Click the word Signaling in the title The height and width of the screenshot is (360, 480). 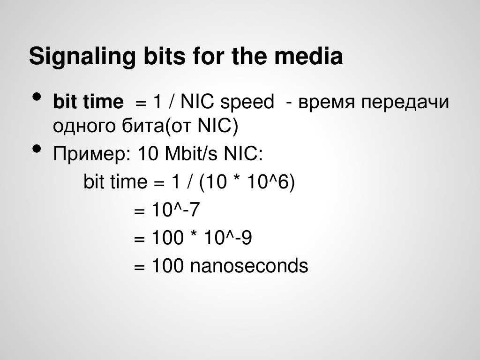pos(82,57)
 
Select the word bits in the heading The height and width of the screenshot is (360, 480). pos(165,56)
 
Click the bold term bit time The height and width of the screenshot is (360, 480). pos(88,102)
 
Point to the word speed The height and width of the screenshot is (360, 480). pos(247,103)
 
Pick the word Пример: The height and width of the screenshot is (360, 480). pos(92,154)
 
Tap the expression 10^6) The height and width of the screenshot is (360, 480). pos(271,181)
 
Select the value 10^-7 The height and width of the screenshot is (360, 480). pos(176,210)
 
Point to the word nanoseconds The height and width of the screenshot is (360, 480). pos(249,265)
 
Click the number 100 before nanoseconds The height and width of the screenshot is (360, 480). pos(168,265)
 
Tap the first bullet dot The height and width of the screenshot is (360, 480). pos(37,97)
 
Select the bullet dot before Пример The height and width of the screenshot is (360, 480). pos(37,149)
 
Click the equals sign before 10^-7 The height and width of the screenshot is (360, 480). pos(139,211)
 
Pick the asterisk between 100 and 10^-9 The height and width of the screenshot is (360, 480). pos(194,234)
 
